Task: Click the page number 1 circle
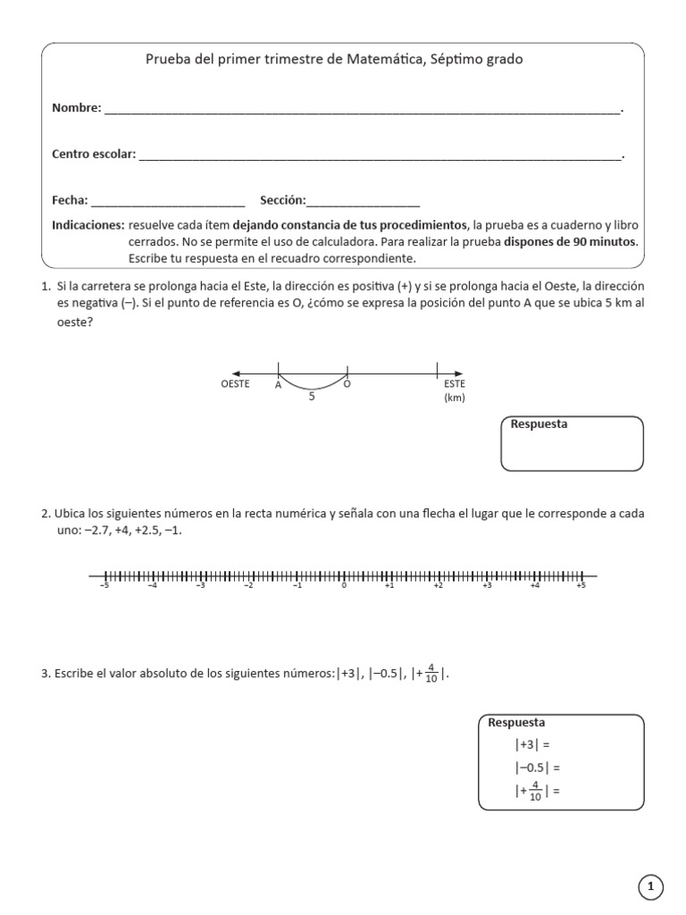651,886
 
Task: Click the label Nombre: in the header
76,108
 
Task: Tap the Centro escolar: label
94,155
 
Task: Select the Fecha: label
70,200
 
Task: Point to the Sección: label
282,200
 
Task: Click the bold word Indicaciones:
88,224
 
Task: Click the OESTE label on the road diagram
235,384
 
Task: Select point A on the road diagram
278,384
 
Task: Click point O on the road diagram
347,384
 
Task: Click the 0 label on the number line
344,586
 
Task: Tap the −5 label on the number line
105,586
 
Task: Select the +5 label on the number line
581,586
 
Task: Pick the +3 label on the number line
486,586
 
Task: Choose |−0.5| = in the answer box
536,767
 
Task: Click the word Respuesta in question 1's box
539,424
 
